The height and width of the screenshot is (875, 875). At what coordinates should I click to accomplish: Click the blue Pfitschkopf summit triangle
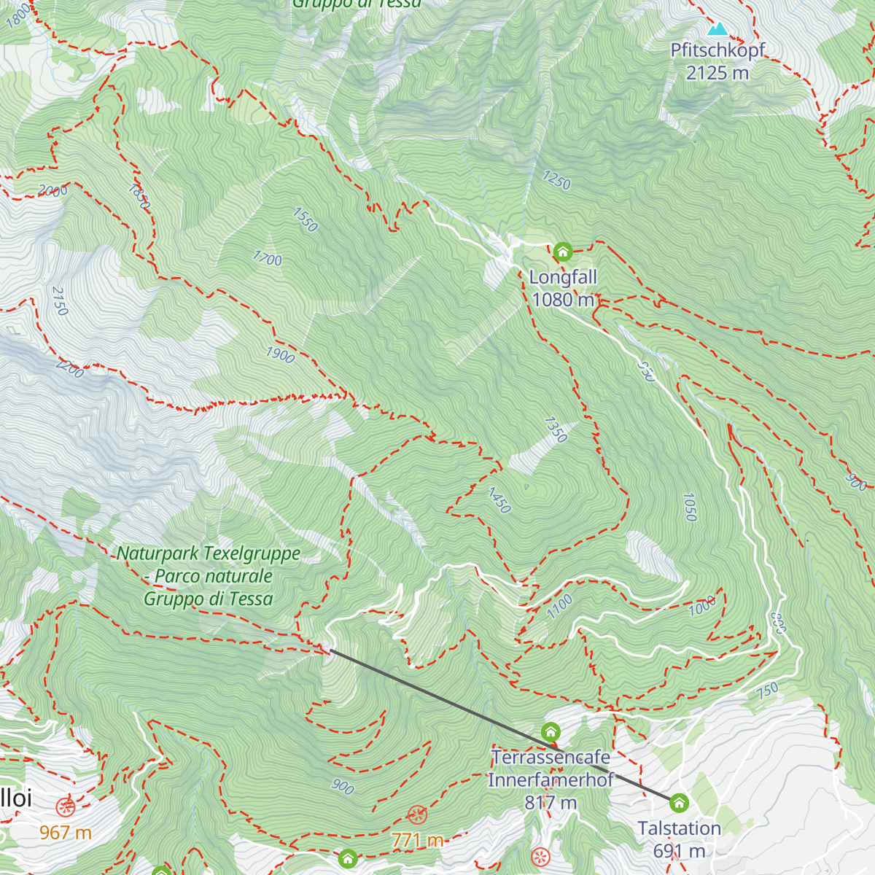[x=718, y=29]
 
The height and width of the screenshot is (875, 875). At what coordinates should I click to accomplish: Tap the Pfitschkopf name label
[x=717, y=50]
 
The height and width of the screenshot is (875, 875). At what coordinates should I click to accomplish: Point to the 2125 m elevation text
[x=717, y=73]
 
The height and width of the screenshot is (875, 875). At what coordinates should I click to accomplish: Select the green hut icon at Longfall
[x=562, y=252]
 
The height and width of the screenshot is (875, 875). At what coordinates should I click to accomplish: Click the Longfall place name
[x=563, y=277]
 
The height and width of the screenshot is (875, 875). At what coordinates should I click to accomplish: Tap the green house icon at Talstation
[x=679, y=804]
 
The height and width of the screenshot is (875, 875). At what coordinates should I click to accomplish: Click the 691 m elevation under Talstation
[x=679, y=851]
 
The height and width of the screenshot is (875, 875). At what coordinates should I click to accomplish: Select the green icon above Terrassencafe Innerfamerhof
[x=551, y=731]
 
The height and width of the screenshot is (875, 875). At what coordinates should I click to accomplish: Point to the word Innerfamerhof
[x=551, y=780]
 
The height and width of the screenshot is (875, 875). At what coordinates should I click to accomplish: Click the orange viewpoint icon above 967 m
[x=66, y=807]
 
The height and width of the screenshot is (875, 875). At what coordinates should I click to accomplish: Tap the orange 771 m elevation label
[x=417, y=840]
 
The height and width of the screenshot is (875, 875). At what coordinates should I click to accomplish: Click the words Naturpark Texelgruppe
[x=209, y=553]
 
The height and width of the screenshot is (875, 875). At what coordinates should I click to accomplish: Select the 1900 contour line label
[x=280, y=355]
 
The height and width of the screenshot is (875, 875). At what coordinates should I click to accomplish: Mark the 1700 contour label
[x=268, y=258]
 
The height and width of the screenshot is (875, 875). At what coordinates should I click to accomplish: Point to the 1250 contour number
[x=556, y=180]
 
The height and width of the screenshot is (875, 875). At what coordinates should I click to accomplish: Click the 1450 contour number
[x=499, y=500]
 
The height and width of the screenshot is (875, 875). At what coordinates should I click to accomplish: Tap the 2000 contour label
[x=52, y=191]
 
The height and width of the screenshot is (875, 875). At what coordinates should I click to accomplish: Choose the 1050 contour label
[x=689, y=507]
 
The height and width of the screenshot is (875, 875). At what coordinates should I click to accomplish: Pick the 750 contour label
[x=768, y=691]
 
